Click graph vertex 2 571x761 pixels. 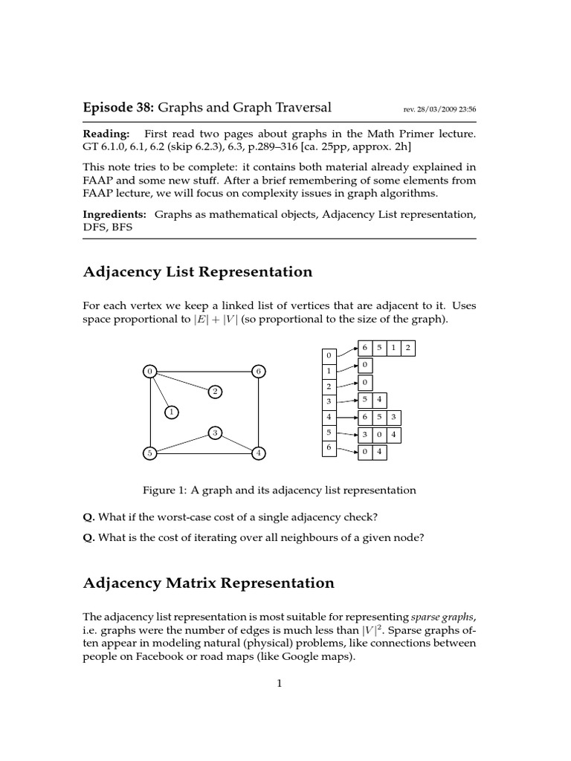pos(214,392)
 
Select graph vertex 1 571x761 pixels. pos(171,411)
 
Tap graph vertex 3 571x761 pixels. pos(215,433)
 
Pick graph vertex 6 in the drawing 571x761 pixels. pos(258,371)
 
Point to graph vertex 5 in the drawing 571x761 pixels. pos(150,453)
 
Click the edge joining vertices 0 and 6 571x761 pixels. pos(204,371)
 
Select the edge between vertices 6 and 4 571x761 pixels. pos(258,412)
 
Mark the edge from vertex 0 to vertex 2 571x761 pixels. pos(182,381)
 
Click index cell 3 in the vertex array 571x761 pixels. pos(329,402)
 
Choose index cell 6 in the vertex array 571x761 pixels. pos(329,448)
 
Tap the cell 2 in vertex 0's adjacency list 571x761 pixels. pos(407,348)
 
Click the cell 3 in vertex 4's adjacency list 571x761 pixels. pos(394,418)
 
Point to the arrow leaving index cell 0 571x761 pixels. pos(346,352)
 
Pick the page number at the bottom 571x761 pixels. pos(280,684)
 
